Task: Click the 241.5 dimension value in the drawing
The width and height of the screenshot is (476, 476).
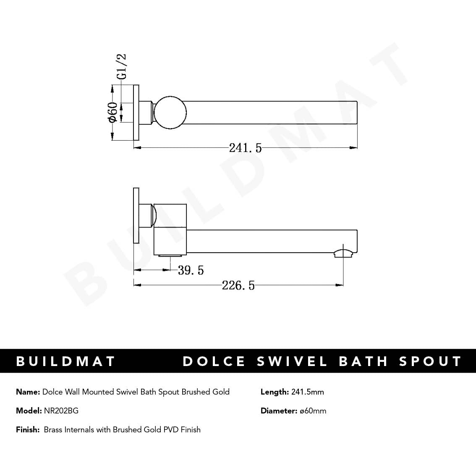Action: pos(245,148)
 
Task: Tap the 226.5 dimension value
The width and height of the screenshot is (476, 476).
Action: pos(238,285)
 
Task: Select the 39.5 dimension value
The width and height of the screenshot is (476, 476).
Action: pos(191,270)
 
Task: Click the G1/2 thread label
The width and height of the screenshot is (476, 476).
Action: pos(121,66)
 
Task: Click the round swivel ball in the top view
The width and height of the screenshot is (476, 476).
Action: pos(170,112)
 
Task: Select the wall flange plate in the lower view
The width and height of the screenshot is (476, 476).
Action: pos(136,215)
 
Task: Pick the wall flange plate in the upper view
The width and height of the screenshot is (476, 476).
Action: pos(136,112)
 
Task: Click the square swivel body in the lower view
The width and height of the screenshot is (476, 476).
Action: pos(170,229)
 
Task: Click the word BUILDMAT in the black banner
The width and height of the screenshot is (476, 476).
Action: pos(65,361)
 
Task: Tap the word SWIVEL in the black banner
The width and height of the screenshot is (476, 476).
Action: pos(292,361)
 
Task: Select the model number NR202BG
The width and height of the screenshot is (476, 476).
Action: pos(61,411)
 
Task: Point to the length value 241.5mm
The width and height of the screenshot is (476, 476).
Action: pos(308,392)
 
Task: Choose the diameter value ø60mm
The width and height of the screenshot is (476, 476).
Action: pos(313,411)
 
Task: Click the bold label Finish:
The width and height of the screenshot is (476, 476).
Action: pos(28,430)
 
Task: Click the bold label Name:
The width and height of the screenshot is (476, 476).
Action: pos(28,392)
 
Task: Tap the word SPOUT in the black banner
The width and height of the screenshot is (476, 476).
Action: pos(430,361)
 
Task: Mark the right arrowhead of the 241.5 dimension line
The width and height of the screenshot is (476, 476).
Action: pos(354,147)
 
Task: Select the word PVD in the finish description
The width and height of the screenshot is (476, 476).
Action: pos(171,430)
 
